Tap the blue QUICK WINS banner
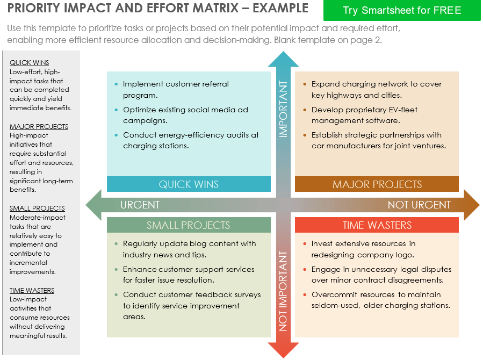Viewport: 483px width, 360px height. pyautogui.click(x=189, y=184)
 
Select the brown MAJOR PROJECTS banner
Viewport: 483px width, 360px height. pyautogui.click(x=377, y=184)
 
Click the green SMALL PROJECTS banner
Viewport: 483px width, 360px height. pyautogui.click(x=189, y=225)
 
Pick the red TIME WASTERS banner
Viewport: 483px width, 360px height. pyautogui.click(x=377, y=225)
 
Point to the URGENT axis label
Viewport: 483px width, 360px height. pyautogui.click(x=140, y=205)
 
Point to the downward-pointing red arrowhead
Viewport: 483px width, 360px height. pyautogui.click(x=283, y=351)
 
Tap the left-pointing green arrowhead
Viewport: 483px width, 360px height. pyautogui.click(x=92, y=205)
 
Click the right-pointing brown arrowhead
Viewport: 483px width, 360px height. pyautogui.click(x=473, y=205)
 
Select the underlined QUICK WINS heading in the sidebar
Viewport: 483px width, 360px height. pyautogui.click(x=29, y=63)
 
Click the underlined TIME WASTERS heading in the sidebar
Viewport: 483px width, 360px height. pyautogui.click(x=32, y=291)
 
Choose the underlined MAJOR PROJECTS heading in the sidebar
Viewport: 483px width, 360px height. pyautogui.click(x=39, y=127)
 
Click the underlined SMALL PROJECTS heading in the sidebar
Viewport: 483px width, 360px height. pyautogui.click(x=37, y=208)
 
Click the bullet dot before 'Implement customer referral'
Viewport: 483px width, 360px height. pyautogui.click(x=117, y=84)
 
